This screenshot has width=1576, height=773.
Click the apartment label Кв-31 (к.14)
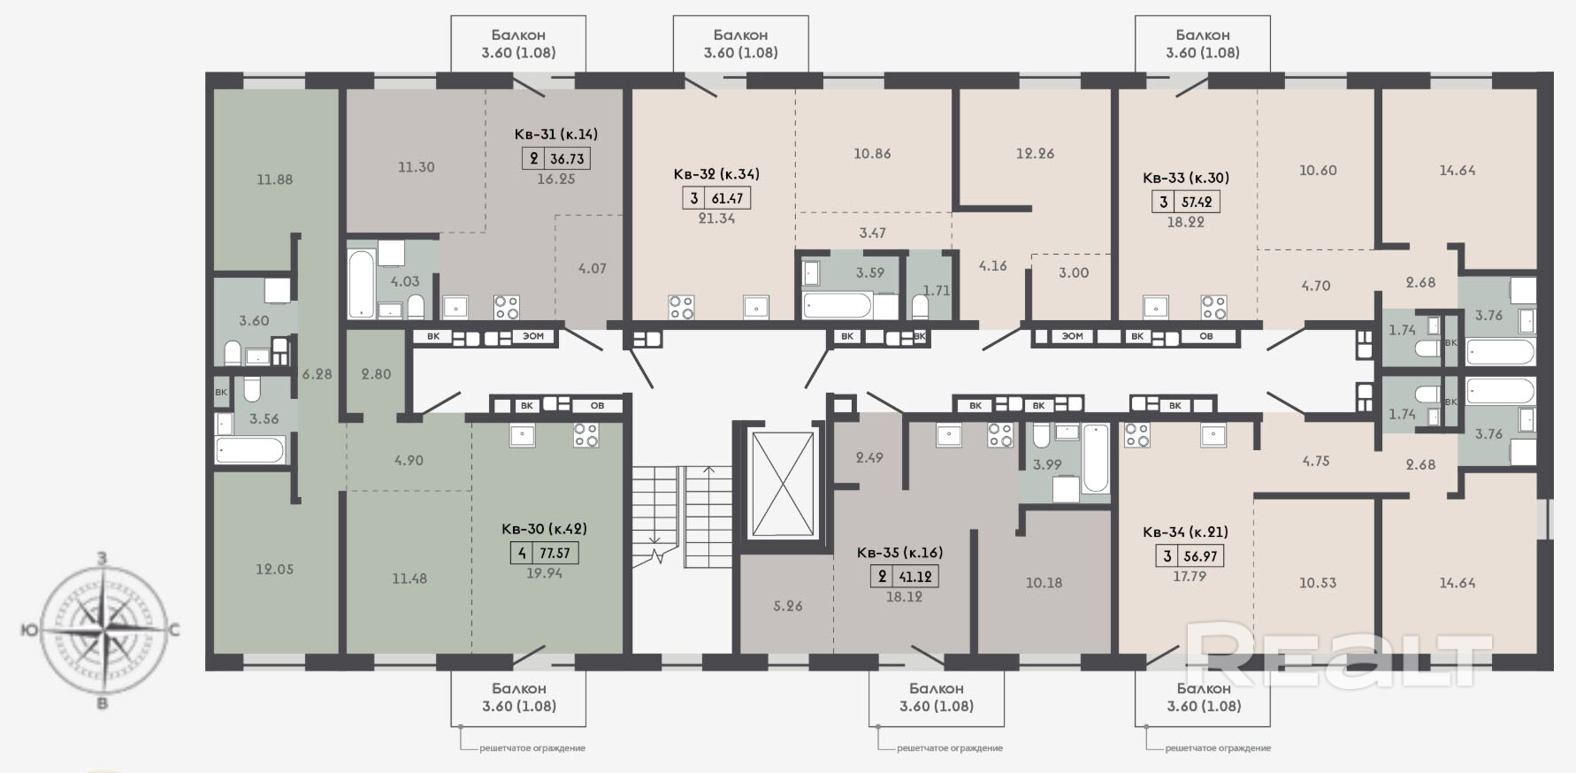556,134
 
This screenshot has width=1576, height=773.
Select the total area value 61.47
728,199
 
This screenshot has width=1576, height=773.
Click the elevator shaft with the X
782,484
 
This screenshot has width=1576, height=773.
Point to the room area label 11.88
275,180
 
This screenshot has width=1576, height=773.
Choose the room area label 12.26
1036,153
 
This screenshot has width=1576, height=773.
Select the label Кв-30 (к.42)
544,529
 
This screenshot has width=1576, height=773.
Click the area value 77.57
555,554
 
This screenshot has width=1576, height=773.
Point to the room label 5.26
788,606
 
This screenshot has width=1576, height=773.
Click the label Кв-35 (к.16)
899,553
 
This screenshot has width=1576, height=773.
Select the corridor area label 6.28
317,374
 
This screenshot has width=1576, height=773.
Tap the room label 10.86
872,153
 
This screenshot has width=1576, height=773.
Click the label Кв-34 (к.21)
1185,532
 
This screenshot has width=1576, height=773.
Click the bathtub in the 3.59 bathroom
838,305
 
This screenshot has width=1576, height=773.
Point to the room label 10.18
1044,583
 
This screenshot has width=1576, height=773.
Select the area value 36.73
567,158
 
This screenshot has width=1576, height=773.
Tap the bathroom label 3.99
1048,464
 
